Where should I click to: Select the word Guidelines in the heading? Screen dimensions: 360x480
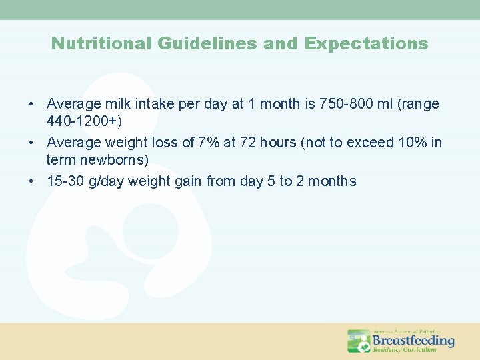[207, 44]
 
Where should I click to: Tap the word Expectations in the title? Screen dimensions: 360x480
[366, 44]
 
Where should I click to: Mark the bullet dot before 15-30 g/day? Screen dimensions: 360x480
[31, 181]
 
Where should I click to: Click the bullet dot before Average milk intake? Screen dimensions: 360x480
[31, 105]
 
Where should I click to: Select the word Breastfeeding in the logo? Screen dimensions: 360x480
[413, 341]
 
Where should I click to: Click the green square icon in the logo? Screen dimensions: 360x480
[359, 341]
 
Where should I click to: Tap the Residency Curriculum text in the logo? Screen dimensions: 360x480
[404, 350]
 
